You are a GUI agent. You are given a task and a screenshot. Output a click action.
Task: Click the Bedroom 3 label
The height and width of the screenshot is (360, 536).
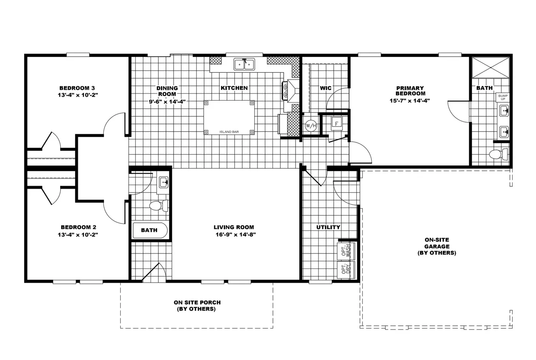77,88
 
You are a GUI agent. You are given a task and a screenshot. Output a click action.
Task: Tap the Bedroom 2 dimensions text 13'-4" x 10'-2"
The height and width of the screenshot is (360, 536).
78,235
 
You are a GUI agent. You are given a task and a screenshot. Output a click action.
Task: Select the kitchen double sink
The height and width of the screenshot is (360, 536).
245,64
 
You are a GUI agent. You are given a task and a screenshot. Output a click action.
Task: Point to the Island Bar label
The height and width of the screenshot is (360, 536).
229,132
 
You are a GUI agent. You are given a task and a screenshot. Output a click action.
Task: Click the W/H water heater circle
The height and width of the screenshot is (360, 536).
310,125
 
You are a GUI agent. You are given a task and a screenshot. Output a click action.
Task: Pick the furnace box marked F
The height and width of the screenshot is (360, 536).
337,124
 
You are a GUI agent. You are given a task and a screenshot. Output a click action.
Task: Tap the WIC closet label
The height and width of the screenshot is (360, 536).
326,88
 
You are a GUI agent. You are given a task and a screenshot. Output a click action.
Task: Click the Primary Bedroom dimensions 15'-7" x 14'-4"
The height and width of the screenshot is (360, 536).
410,101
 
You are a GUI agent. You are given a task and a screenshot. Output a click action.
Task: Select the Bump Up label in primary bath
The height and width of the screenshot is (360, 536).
503,98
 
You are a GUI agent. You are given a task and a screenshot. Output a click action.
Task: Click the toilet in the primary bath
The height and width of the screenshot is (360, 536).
498,154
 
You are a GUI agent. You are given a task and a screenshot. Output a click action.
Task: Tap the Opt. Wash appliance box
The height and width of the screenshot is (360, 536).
346,251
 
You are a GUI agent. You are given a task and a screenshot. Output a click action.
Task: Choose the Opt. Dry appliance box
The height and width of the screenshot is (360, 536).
346,270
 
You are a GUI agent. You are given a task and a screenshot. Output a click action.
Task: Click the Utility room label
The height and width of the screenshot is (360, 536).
328,227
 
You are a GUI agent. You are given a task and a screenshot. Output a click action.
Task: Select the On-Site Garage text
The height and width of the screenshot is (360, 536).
436,246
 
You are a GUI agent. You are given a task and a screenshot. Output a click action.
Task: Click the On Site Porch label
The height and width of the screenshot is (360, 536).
197,305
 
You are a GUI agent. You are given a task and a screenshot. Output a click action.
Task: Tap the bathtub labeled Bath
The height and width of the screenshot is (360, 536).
150,230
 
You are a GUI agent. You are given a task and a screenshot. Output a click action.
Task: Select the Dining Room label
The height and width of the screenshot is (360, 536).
167,91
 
